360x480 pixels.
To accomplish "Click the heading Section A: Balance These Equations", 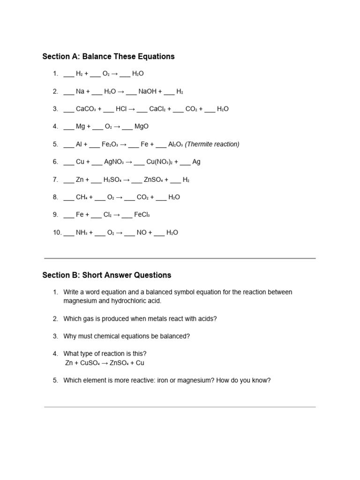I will pos(108,57).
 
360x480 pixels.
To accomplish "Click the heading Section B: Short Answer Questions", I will pos(106,275).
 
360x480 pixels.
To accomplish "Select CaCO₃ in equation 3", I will pos(86,109).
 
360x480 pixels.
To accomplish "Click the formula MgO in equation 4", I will pos(141,127).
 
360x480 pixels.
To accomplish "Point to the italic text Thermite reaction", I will pos(212,144).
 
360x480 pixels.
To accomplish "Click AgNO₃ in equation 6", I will pos(114,162).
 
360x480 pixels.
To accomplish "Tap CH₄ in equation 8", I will pos(82,197).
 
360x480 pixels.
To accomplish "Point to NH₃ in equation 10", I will pos(82,232).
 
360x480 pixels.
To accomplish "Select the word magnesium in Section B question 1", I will pos(80,301).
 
